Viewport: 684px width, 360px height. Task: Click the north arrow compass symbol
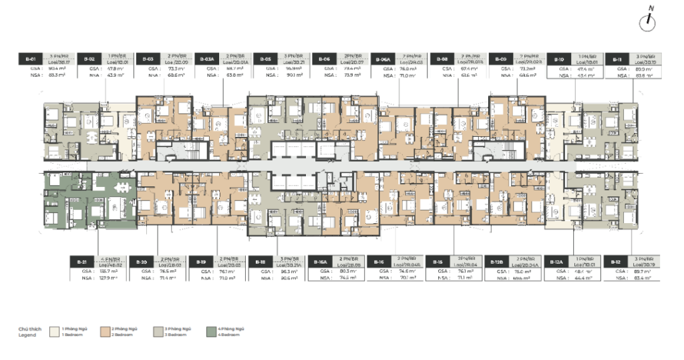[x=646, y=22]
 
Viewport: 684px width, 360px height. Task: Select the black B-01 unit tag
[x=30, y=59]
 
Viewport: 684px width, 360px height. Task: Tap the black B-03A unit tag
[x=207, y=59]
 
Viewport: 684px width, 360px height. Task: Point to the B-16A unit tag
[x=320, y=262]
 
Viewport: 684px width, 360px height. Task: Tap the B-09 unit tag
[x=500, y=59]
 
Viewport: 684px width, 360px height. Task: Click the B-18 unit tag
[x=261, y=262]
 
